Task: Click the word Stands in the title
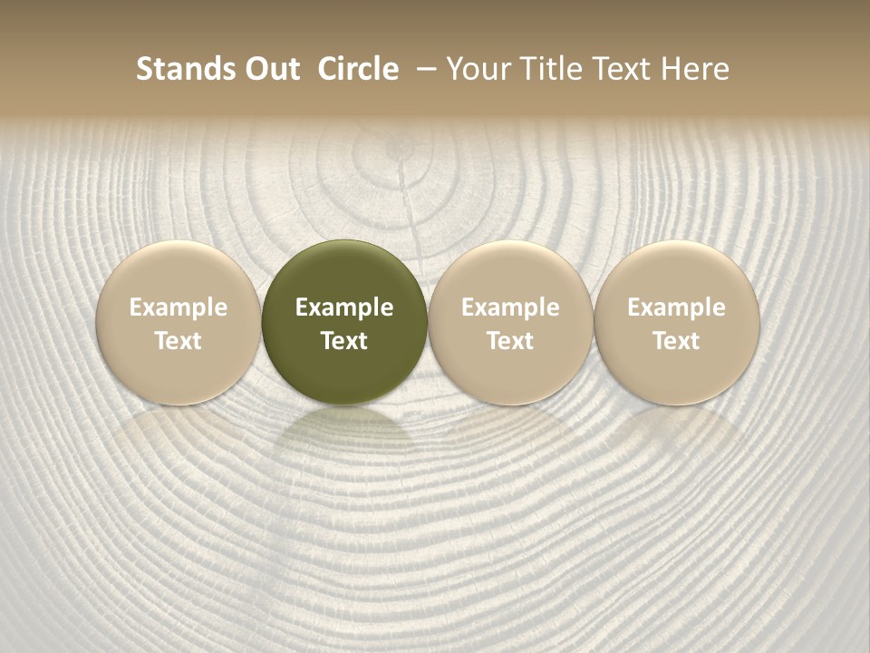tap(184, 69)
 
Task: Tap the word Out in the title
tap(269, 69)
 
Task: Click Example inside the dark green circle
tap(344, 307)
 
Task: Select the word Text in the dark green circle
tap(344, 341)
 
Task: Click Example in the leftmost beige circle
tap(179, 307)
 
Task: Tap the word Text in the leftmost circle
tap(179, 341)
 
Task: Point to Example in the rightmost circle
tap(676, 307)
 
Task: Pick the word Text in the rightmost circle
tap(676, 341)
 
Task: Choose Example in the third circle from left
tap(510, 307)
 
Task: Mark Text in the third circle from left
tap(510, 341)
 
